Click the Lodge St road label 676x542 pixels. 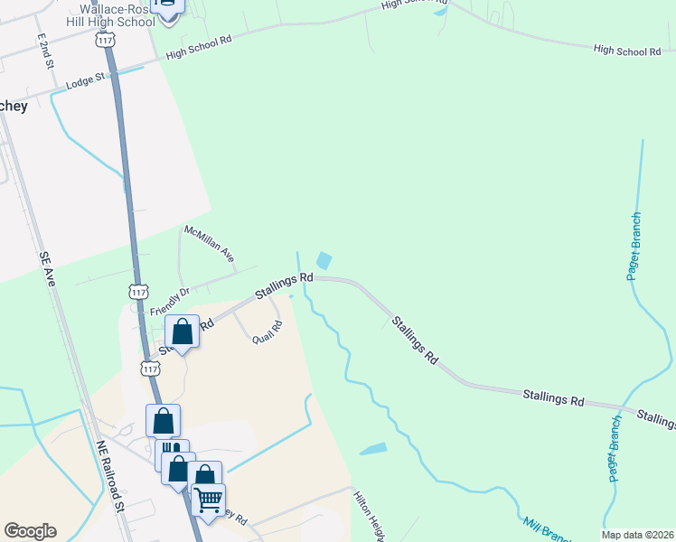click(x=87, y=82)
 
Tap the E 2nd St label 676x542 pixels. click(x=46, y=51)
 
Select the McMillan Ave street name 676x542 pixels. click(x=209, y=244)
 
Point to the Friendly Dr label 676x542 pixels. click(x=170, y=300)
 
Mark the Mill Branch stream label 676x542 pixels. click(x=546, y=529)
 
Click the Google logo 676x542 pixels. click(x=30, y=531)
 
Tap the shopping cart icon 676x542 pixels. click(x=208, y=499)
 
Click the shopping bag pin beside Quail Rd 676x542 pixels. click(x=183, y=332)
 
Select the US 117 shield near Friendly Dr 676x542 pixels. click(x=138, y=293)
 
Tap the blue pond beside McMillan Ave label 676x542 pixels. click(x=323, y=260)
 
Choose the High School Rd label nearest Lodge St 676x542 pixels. click(x=200, y=48)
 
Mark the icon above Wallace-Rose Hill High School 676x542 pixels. click(x=167, y=4)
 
